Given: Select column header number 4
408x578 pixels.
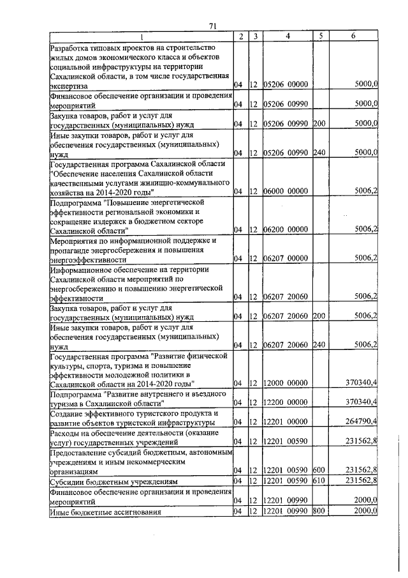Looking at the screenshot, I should click(x=288, y=36).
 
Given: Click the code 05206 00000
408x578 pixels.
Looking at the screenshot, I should click(x=286, y=84).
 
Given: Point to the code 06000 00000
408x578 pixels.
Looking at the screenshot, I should click(x=286, y=190).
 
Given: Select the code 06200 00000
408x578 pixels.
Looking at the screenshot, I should click(x=286, y=229).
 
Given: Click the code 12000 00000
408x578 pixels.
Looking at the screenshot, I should click(x=286, y=383).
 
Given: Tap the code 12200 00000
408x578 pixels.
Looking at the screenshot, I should click(x=286, y=402).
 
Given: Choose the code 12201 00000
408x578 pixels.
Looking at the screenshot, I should click(x=286, y=422).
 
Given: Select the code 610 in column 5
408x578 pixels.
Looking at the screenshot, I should click(x=319, y=480).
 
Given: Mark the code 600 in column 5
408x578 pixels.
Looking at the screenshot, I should click(x=319, y=471).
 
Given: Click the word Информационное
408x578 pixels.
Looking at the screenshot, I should click(x=80, y=269).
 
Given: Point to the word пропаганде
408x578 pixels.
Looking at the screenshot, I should click(x=71, y=249).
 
